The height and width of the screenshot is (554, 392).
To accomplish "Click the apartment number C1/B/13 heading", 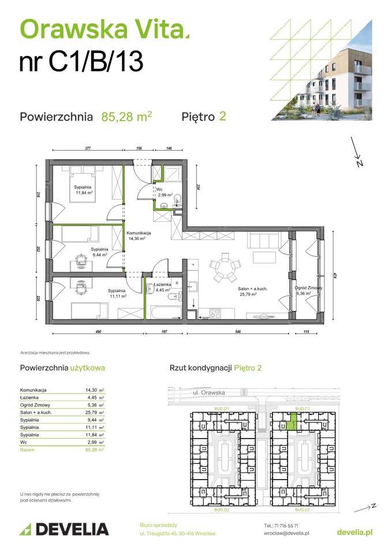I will pos(81,62).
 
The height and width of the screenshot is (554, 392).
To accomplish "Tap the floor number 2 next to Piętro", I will pos(222,116).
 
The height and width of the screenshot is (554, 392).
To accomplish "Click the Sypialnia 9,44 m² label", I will pos(100,252).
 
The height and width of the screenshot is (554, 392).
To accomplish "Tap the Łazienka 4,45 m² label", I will pos(158,287).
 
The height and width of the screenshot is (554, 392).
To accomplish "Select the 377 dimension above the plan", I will pos(88,148).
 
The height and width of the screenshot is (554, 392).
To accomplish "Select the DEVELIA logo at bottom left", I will pos(64,529).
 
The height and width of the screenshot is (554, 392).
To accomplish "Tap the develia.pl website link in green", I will pos(354,531).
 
